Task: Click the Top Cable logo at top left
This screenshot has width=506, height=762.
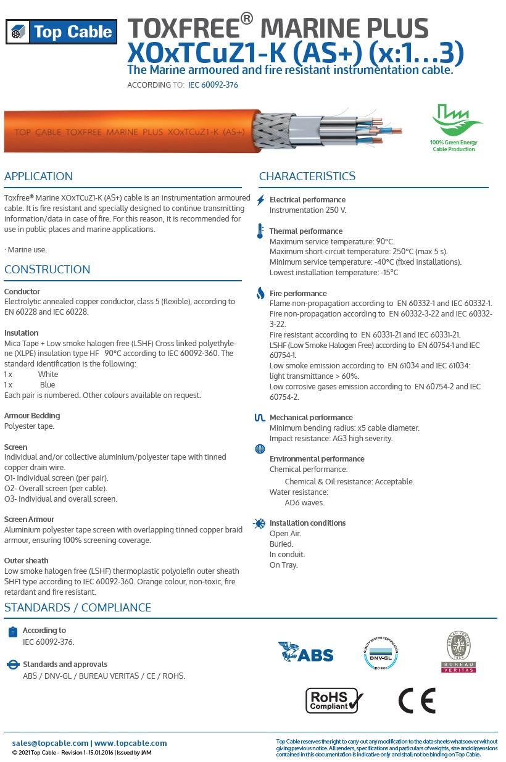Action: [60, 32]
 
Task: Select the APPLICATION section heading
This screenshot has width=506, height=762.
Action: [38, 176]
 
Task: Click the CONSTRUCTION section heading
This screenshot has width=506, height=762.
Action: [48, 270]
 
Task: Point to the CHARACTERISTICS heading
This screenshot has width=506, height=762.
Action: [307, 176]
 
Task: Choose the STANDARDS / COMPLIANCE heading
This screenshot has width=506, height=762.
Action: [78, 608]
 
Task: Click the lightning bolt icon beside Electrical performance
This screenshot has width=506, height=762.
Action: [261, 200]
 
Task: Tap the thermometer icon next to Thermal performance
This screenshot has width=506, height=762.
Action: [261, 231]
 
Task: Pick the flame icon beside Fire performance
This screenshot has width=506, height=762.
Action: [261, 294]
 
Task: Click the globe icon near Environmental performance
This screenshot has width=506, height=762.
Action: [260, 449]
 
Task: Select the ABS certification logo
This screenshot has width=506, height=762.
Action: [306, 653]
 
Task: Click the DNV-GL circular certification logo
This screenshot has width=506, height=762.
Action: [381, 654]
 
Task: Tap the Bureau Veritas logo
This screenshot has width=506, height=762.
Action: [458, 652]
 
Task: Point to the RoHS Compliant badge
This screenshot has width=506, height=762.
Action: [334, 700]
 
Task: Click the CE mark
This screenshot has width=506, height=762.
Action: [417, 700]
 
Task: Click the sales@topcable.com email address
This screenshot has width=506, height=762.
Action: [50, 743]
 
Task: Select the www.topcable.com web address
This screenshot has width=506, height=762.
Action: [131, 743]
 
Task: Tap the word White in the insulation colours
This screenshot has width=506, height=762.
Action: [48, 375]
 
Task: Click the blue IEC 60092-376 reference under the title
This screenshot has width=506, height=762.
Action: [213, 85]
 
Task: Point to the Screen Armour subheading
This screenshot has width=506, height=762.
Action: [29, 520]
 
